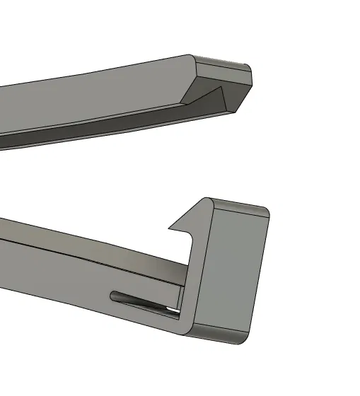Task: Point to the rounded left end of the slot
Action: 113,293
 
